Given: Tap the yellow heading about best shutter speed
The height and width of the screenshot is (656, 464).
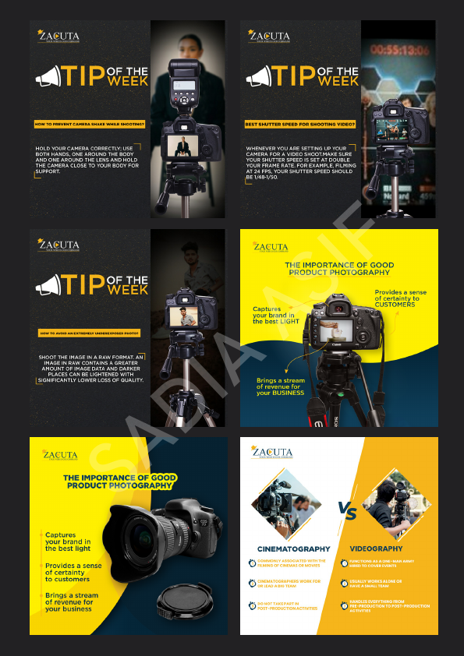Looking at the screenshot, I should pos(300,124).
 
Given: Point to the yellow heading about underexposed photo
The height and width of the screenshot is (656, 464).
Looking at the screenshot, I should pos(89,333).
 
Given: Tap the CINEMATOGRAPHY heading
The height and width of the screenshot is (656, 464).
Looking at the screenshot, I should pos(293,548).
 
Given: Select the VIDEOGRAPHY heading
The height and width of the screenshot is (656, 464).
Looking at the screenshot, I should pos(376,548).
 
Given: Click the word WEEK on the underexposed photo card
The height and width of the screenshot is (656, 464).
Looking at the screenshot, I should pos(127,290).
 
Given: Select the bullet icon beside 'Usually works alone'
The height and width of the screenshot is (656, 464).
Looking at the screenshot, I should pos(344,583).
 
